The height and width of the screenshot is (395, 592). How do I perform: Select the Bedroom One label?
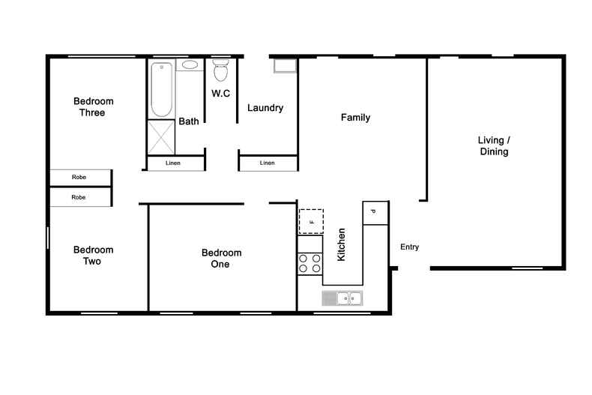click(221, 259)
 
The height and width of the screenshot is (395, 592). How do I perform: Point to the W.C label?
click(220, 94)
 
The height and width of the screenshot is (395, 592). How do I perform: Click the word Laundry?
click(265, 108)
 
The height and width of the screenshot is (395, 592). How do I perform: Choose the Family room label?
click(355, 118)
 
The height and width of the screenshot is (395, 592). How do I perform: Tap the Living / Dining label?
click(494, 146)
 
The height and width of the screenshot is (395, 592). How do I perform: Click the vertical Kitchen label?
click(342, 244)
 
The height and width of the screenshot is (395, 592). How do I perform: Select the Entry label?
click(409, 247)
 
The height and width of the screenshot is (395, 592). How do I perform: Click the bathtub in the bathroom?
click(161, 89)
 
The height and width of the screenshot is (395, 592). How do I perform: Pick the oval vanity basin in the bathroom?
click(190, 65)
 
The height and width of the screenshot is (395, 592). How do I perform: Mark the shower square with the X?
click(160, 136)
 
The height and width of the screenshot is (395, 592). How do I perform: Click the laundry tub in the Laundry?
click(285, 67)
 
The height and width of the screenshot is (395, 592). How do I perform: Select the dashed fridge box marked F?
click(311, 221)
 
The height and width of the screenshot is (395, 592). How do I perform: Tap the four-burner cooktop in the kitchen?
click(310, 263)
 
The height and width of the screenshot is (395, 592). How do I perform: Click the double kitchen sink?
click(342, 298)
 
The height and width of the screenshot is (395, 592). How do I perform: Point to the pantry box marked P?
click(375, 212)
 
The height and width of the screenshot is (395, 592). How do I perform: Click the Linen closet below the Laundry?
click(268, 163)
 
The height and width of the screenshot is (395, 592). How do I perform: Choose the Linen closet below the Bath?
click(175, 163)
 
